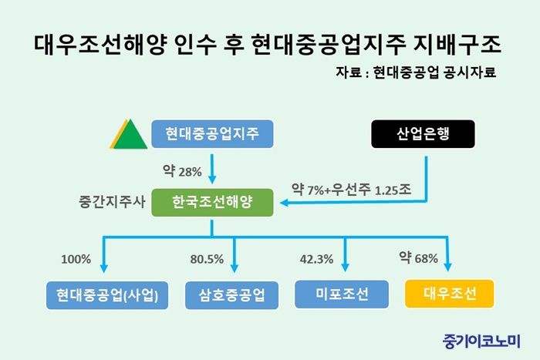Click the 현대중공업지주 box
212,134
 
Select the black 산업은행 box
423,134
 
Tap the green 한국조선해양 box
212,203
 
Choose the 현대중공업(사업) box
107,295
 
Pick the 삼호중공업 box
231,295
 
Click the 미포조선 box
342,294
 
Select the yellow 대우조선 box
450,294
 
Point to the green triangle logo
129,135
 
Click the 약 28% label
182,171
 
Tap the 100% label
76,259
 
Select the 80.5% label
207,259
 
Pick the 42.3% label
316,259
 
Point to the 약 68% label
418,257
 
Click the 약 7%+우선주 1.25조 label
351,190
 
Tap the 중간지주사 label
113,202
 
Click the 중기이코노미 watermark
481,341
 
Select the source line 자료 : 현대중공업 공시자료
416,72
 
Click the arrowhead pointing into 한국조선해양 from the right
284,203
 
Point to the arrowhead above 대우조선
447,267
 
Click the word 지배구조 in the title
457,45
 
